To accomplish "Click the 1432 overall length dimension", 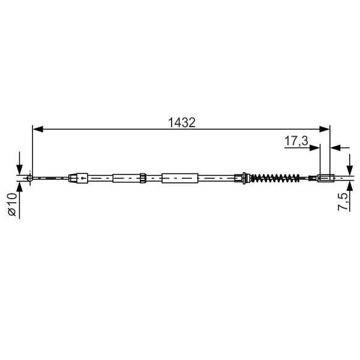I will (x=182, y=122).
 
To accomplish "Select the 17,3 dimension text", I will (x=296, y=142).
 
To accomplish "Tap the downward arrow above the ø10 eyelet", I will (x=20, y=168).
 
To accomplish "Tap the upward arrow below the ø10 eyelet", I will (x=20, y=187).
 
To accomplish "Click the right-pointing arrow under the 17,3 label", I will (x=314, y=147).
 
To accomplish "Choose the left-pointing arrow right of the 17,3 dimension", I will (x=335, y=147).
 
